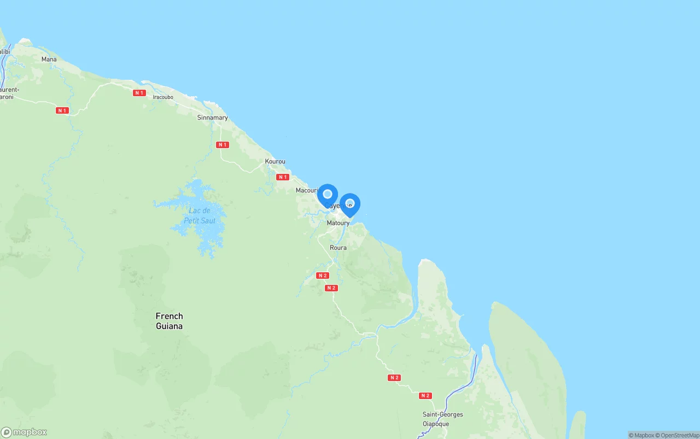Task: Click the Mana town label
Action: click(x=49, y=59)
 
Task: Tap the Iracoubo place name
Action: click(x=163, y=97)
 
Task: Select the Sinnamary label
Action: click(x=212, y=118)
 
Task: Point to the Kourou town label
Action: click(x=275, y=161)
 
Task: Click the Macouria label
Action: click(x=307, y=190)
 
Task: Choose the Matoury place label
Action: click(x=338, y=223)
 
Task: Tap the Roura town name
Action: click(x=338, y=248)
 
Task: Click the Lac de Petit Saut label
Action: click(x=200, y=215)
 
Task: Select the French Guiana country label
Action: click(x=169, y=321)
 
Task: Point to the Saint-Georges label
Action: click(x=442, y=414)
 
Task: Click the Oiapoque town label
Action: click(x=435, y=424)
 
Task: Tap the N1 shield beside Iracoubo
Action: click(x=139, y=93)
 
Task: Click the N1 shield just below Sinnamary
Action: click(x=222, y=145)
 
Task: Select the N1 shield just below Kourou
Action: click(x=282, y=177)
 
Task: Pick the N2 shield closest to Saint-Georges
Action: click(x=425, y=395)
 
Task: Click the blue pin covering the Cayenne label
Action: click(x=328, y=195)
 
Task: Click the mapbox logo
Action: click(x=24, y=432)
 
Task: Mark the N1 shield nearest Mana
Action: click(x=62, y=110)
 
